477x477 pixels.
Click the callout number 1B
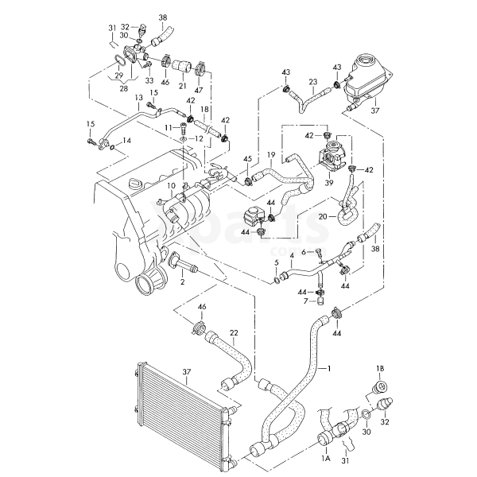click(380, 369)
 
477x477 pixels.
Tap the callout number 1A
click(324, 460)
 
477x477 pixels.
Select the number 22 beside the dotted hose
click(234, 332)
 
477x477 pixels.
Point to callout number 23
click(313, 82)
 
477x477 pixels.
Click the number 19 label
click(271, 154)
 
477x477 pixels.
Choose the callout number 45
click(247, 158)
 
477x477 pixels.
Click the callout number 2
click(182, 281)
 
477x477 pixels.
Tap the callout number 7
click(304, 301)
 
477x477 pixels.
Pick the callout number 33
click(149, 78)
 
